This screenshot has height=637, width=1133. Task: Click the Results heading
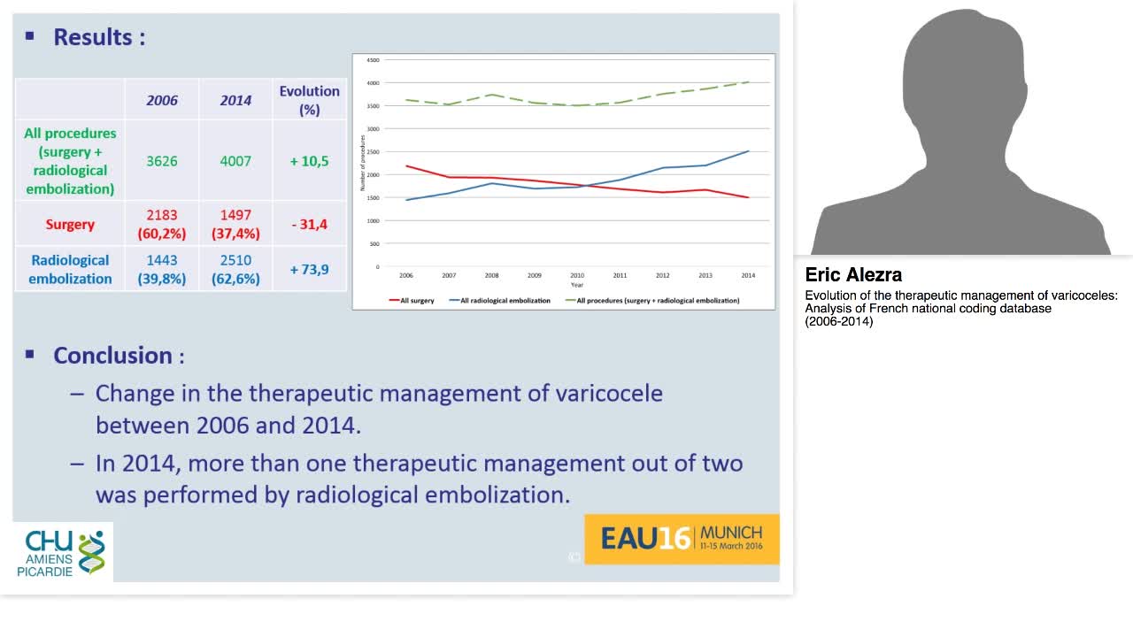(x=98, y=37)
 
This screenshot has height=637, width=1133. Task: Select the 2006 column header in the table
(x=162, y=100)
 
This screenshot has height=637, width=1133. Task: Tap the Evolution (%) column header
(x=309, y=100)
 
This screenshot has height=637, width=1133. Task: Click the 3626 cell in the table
(x=162, y=161)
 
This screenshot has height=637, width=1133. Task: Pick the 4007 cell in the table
(x=235, y=161)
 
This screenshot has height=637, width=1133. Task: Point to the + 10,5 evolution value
(x=309, y=161)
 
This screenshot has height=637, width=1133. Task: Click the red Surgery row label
(x=70, y=225)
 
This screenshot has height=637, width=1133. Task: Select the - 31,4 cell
(x=309, y=225)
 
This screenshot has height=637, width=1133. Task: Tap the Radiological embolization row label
(x=70, y=269)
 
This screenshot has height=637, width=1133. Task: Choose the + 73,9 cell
(x=309, y=269)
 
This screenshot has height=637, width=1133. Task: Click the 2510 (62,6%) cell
(x=235, y=269)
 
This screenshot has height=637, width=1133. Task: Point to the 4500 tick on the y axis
(x=373, y=60)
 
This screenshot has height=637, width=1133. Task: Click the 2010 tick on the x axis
(x=577, y=275)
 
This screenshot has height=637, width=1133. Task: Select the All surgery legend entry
(x=412, y=301)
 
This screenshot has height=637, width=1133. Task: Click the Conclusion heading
(x=112, y=356)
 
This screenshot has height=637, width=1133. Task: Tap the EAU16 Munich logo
(x=682, y=538)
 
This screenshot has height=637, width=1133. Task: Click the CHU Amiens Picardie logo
(x=63, y=553)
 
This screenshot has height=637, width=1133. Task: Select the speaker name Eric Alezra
(x=853, y=274)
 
